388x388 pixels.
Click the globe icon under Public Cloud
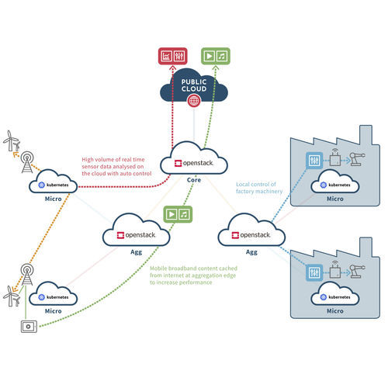(x=194, y=101)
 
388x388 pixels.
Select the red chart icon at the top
(x=165, y=56)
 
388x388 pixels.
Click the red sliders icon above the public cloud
(x=178, y=56)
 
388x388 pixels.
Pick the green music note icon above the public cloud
(x=223, y=56)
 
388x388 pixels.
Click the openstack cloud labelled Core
(x=194, y=162)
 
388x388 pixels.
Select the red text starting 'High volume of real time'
(x=118, y=166)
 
